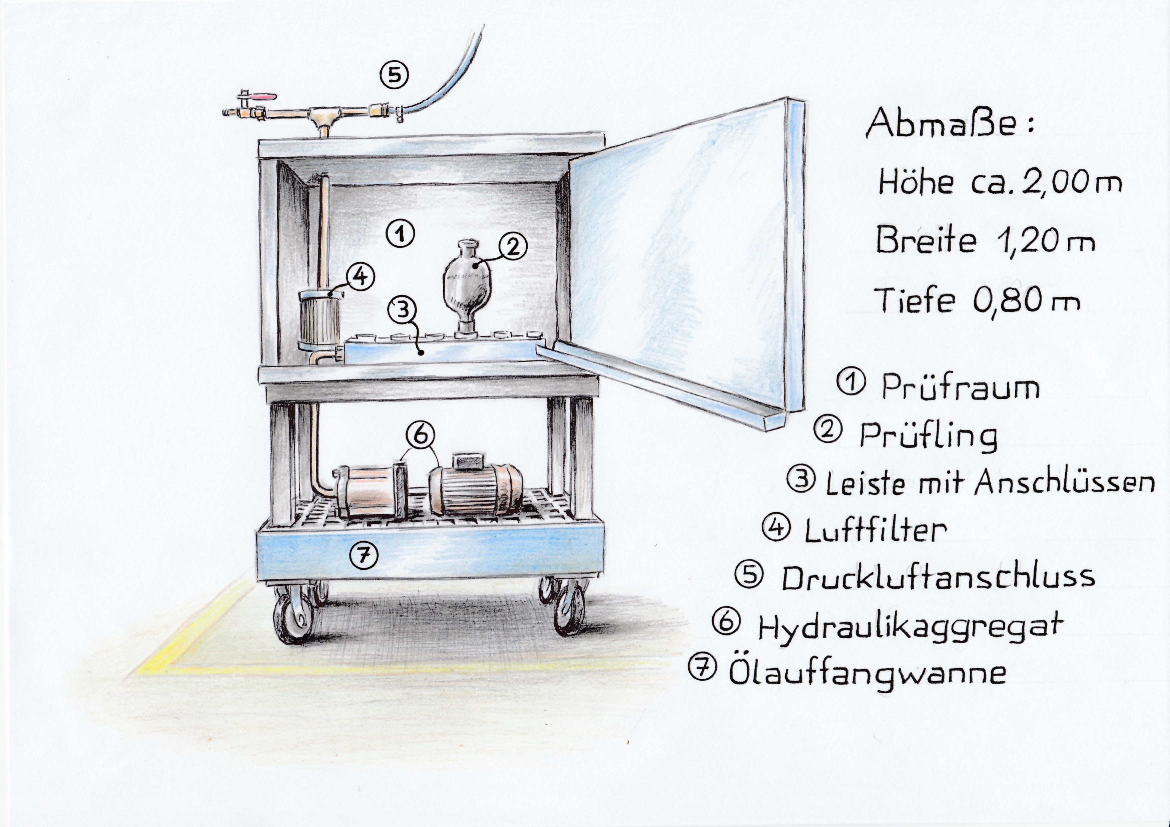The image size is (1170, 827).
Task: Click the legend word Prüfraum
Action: (x=961, y=388)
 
